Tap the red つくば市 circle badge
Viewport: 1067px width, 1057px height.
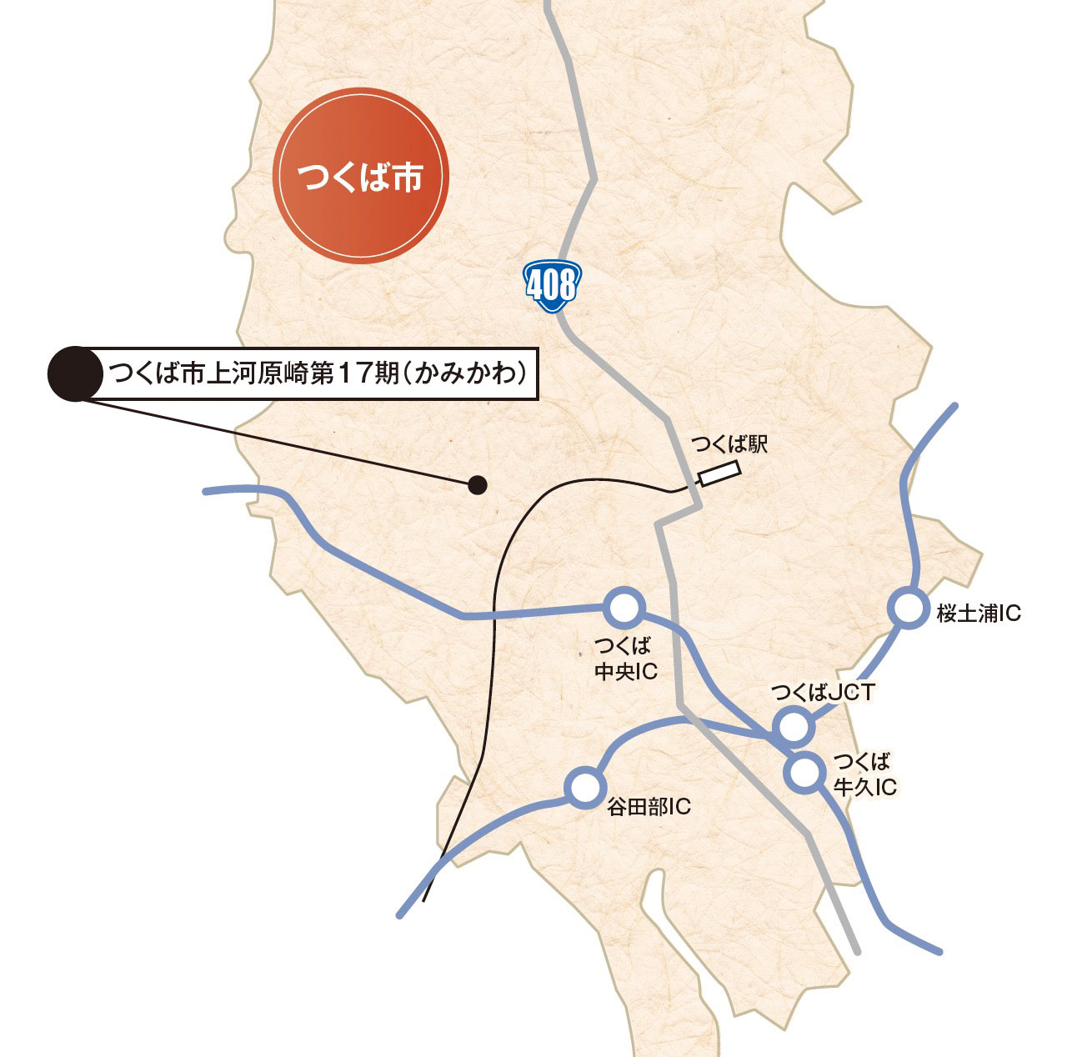(362, 176)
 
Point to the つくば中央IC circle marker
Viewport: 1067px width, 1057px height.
(624, 609)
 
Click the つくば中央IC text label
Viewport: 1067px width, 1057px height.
(624, 659)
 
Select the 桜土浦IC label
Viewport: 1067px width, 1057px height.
(979, 614)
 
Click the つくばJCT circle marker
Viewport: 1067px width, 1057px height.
(793, 726)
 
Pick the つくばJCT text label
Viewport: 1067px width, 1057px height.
(823, 693)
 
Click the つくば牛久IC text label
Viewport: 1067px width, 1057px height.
(864, 774)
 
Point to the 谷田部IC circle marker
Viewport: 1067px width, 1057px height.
(584, 786)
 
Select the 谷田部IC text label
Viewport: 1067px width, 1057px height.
(649, 807)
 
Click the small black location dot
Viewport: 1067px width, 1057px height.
(477, 484)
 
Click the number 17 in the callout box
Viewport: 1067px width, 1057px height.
(353, 373)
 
